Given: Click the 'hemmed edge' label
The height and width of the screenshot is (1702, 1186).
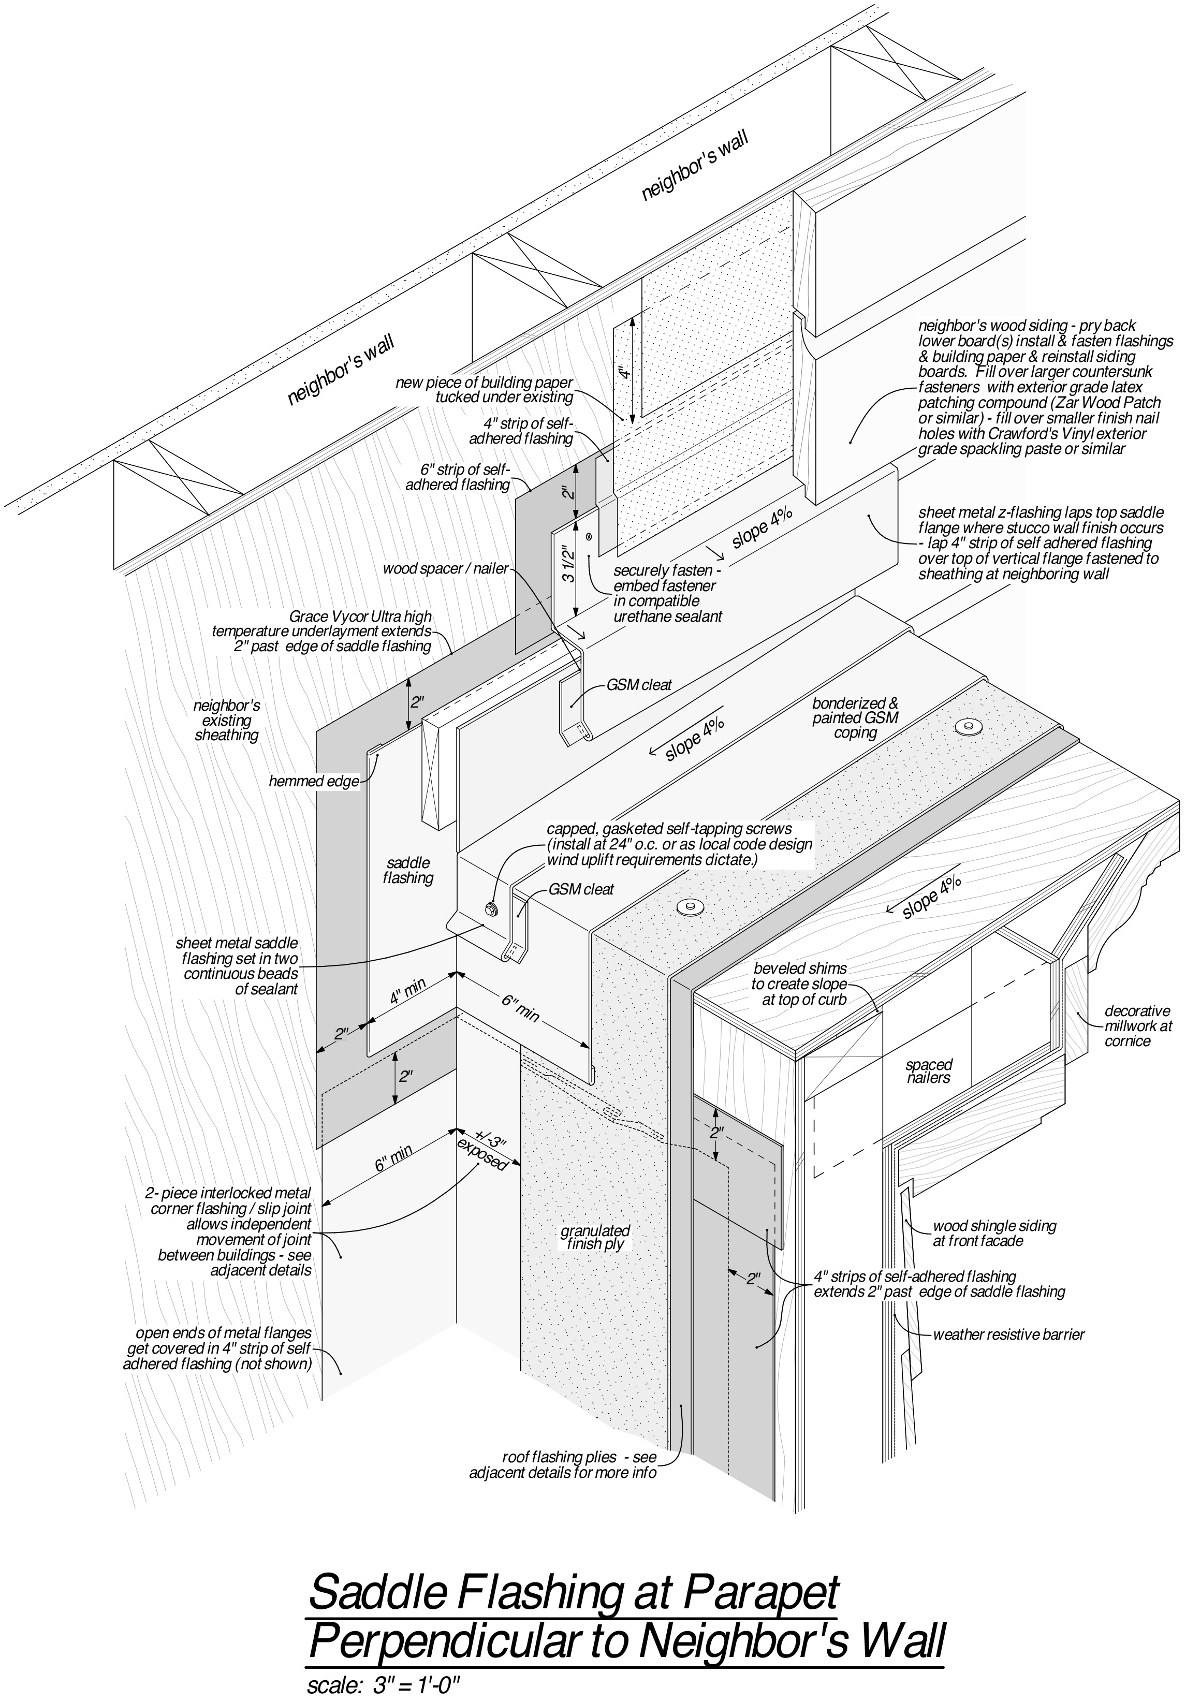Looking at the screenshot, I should tap(314, 781).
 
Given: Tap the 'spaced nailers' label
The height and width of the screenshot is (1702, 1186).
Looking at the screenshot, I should tap(928, 1072).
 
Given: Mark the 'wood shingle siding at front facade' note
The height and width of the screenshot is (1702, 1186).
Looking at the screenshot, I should tap(993, 1234).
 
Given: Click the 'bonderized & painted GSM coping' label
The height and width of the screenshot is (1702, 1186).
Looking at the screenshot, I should tap(855, 717).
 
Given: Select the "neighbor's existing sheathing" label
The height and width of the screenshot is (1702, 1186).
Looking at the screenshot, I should tap(227, 721).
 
